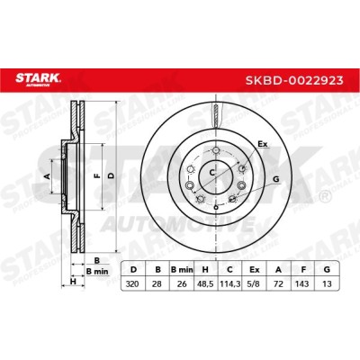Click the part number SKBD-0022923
click(294, 80)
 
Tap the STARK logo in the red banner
click(38, 79)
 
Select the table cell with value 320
click(132, 283)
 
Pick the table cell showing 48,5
click(206, 283)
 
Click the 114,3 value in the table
click(229, 283)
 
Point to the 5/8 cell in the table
click(255, 283)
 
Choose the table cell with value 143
click(302, 283)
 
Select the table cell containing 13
click(327, 283)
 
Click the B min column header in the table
click(182, 270)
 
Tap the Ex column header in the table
click(255, 270)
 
